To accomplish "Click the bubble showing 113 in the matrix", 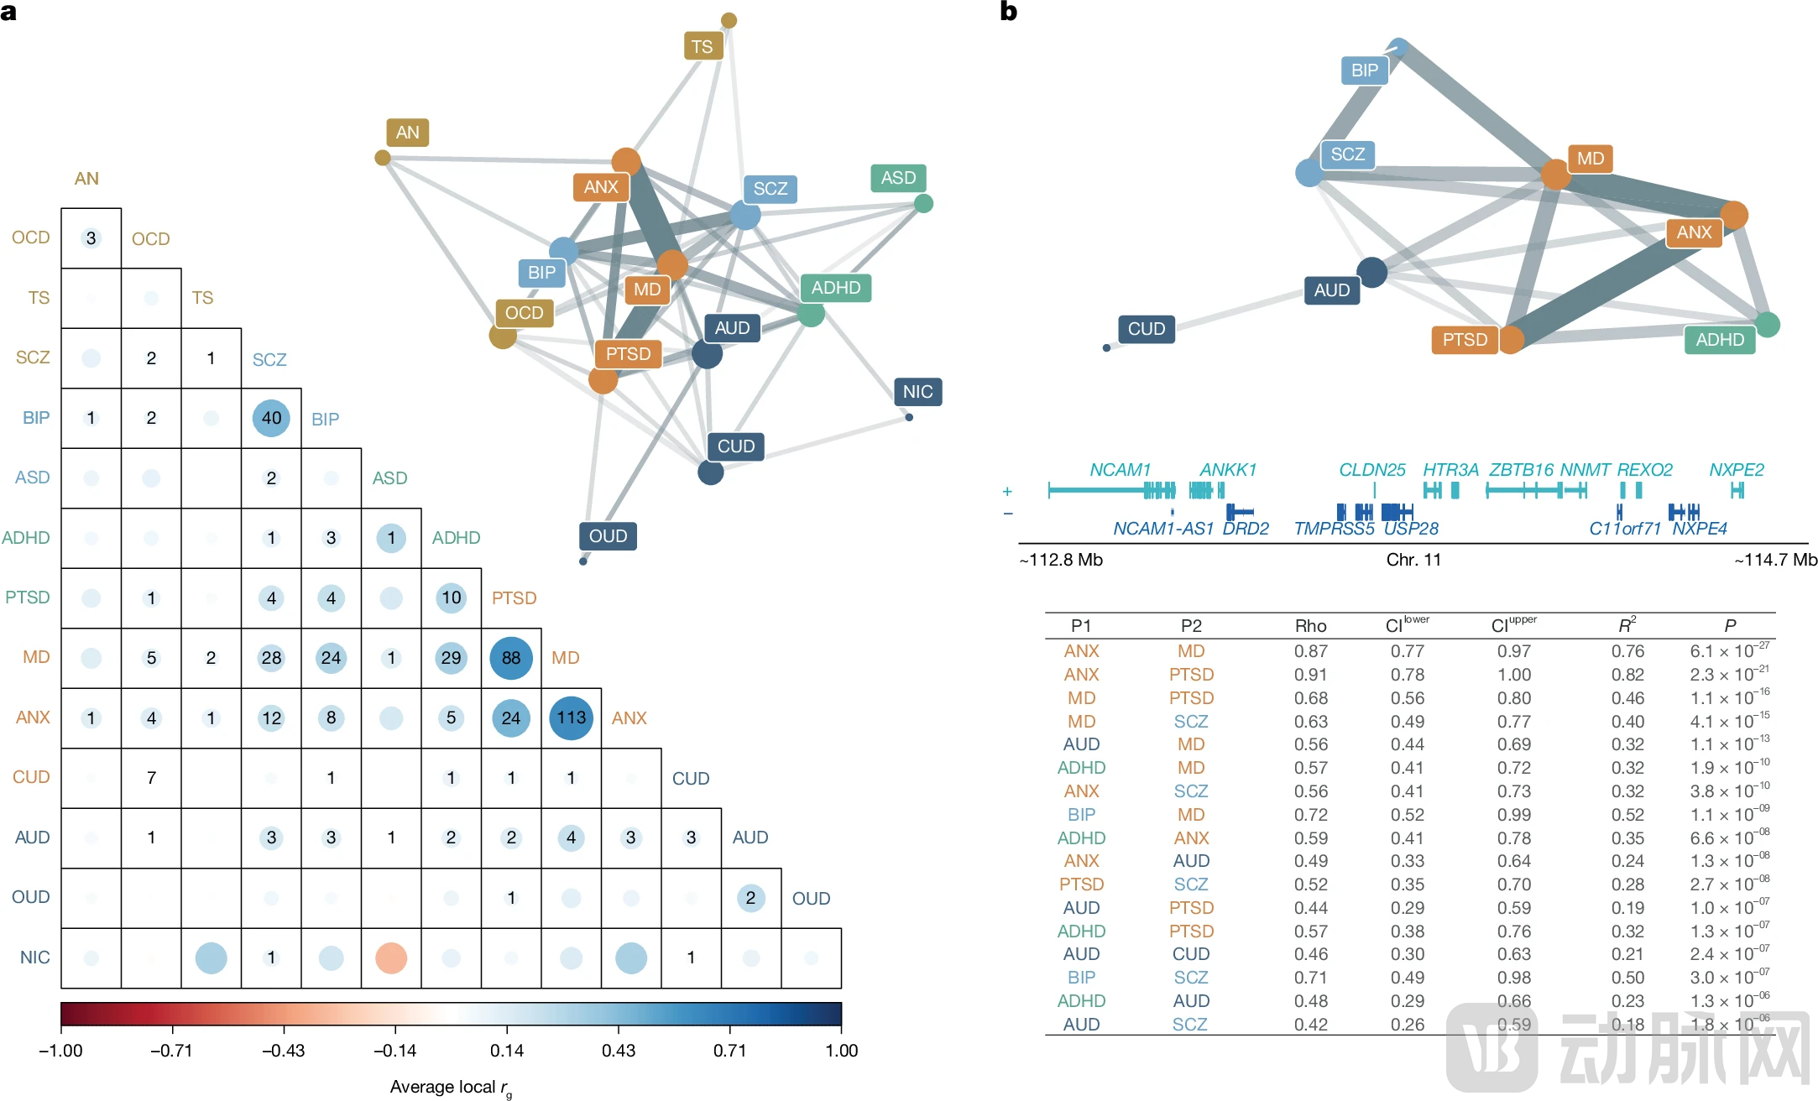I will (x=571, y=717).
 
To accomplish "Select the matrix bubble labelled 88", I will (x=510, y=658).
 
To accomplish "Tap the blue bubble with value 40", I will (x=271, y=418).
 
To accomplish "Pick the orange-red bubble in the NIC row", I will (x=391, y=958).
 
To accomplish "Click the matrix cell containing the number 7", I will (x=151, y=778).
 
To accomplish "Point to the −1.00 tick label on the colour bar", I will (x=60, y=1051).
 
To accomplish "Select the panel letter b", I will (x=1008, y=12).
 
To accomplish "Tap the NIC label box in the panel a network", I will (x=917, y=392).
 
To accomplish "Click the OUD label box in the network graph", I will (x=608, y=536).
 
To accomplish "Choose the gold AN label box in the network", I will (x=407, y=133).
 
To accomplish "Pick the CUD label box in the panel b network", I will (x=1146, y=329).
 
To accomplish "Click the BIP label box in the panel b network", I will (x=1364, y=70).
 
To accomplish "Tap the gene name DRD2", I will (x=1246, y=529).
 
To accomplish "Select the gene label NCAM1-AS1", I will (x=1163, y=529).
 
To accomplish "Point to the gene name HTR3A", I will (x=1450, y=470).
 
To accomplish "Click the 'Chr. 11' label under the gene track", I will (x=1413, y=560).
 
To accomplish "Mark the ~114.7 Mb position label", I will (x=1775, y=560).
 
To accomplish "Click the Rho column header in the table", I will (x=1310, y=626).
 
